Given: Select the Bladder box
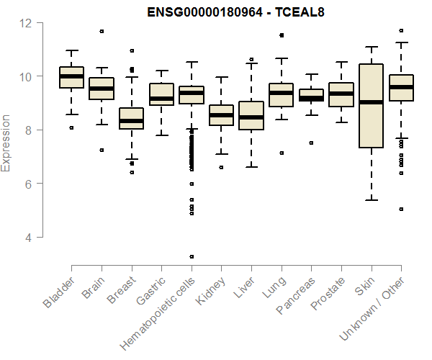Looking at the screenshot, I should click(x=71, y=77).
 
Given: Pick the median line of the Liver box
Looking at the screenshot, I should click(x=251, y=117).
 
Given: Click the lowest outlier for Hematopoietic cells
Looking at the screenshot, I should click(x=192, y=256).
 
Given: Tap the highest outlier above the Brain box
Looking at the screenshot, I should click(x=102, y=31).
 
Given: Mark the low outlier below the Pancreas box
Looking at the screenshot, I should click(x=311, y=143).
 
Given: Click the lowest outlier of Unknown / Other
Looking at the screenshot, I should click(x=401, y=210).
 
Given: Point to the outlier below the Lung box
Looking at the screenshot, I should click(x=281, y=153).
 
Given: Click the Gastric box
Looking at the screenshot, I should click(x=161, y=94).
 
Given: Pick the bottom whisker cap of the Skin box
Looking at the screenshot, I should click(x=371, y=200).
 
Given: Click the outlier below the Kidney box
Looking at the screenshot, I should click(x=221, y=167).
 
